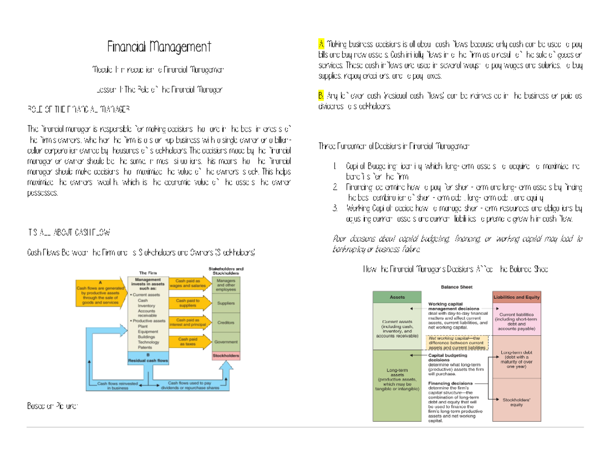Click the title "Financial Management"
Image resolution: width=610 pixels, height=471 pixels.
pos(159,48)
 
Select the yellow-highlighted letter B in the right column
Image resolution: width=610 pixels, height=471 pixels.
pos(321,96)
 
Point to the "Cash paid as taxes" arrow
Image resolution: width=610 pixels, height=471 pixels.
pos(190,342)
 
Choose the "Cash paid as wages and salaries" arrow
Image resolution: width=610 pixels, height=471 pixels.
pos(190,284)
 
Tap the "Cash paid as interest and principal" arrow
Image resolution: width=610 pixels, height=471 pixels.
pos(190,323)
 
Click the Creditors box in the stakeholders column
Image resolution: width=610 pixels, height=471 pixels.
pos(225,323)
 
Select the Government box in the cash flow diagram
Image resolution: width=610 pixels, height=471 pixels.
pos(225,342)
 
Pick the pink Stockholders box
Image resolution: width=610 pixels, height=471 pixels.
pos(225,356)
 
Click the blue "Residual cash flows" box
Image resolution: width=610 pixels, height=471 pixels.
pos(147,358)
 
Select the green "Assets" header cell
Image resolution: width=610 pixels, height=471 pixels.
pos(397,297)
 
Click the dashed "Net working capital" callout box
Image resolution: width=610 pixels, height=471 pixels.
pos(457,342)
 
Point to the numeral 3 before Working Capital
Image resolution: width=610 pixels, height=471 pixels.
pos(335,208)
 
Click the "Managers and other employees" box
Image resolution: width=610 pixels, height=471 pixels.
pos(225,285)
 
